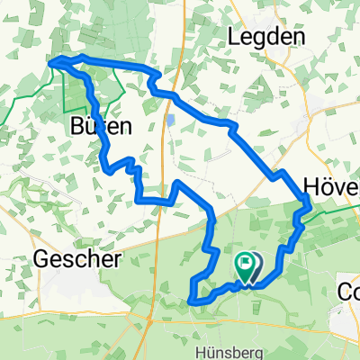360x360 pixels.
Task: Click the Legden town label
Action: point(270,36)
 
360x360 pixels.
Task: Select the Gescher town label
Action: point(77,260)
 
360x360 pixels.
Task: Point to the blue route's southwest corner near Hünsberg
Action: point(192,301)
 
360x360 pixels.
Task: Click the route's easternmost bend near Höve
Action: point(310,206)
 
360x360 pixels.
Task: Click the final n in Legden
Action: point(302,36)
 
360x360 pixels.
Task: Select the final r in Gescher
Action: point(116,260)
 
